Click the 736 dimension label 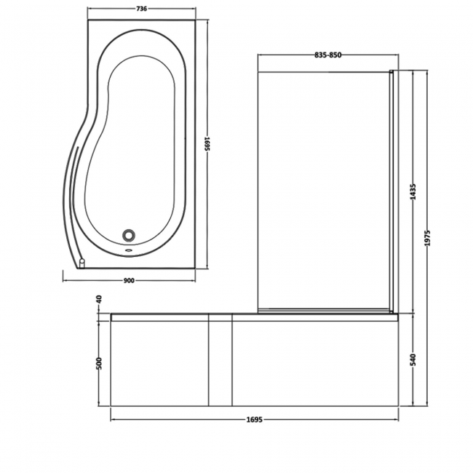pos(142,9)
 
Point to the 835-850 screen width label pos(328,55)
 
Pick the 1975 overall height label pos(427,238)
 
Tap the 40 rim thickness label pos(100,299)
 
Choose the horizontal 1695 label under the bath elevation pos(253,420)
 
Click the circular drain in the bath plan pos(130,234)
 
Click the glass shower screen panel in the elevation pos(324,189)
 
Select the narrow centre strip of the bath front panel pos(220,362)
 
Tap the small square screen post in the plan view pos(82,264)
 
